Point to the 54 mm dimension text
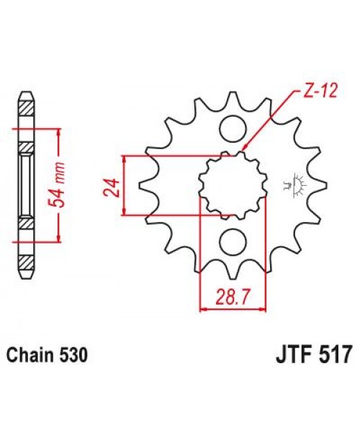(66, 185)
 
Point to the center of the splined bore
(232, 185)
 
